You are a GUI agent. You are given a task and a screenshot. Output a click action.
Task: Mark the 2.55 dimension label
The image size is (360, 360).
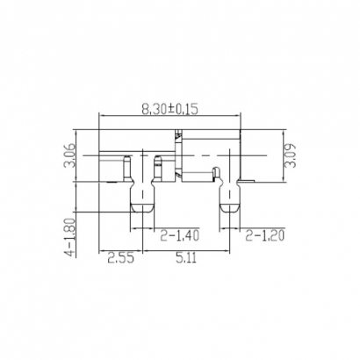(x=121, y=260)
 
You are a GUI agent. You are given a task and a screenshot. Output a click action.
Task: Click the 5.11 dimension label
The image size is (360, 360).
(x=184, y=260)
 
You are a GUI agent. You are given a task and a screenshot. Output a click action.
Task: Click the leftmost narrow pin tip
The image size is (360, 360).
(x=128, y=156)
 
